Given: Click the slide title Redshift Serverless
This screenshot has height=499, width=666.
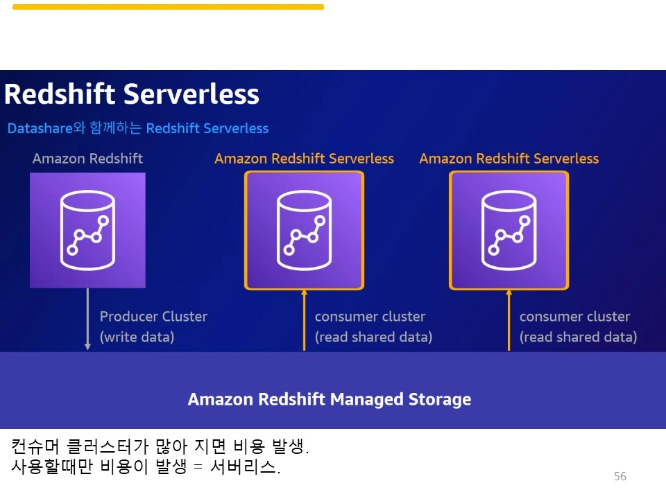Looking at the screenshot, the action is point(132,94).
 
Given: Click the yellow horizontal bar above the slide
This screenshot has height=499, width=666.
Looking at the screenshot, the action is point(168,7).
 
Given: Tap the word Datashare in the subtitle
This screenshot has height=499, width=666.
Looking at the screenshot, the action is point(40,128).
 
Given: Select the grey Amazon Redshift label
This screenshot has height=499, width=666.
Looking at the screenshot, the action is point(87,158).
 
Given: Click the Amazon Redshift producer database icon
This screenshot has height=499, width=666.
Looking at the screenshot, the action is point(87,230).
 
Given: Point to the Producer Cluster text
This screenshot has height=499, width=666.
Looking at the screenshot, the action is point(153,317).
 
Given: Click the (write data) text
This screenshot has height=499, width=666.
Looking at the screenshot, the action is point(137,337).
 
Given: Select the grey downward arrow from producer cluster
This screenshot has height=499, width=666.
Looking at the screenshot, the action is point(87,319).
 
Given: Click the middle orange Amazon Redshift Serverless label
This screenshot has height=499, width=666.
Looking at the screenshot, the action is point(304,158).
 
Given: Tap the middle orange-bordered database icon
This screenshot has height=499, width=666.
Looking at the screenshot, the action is point(304,230).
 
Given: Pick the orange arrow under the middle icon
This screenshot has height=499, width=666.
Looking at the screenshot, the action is point(304,320).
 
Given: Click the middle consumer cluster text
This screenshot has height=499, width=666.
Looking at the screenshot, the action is point(370,317).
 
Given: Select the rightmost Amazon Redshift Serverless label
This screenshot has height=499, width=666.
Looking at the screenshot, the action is point(509,158).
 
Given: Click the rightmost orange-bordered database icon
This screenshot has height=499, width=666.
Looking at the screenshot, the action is point(509,230).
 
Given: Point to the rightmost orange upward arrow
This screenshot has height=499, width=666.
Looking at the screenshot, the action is point(509,320).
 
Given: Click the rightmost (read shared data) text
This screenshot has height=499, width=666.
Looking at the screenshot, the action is point(578,337).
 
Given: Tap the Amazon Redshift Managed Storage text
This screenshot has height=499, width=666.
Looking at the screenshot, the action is point(330,399).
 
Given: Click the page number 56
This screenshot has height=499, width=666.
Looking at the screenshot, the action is point(620,476).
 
